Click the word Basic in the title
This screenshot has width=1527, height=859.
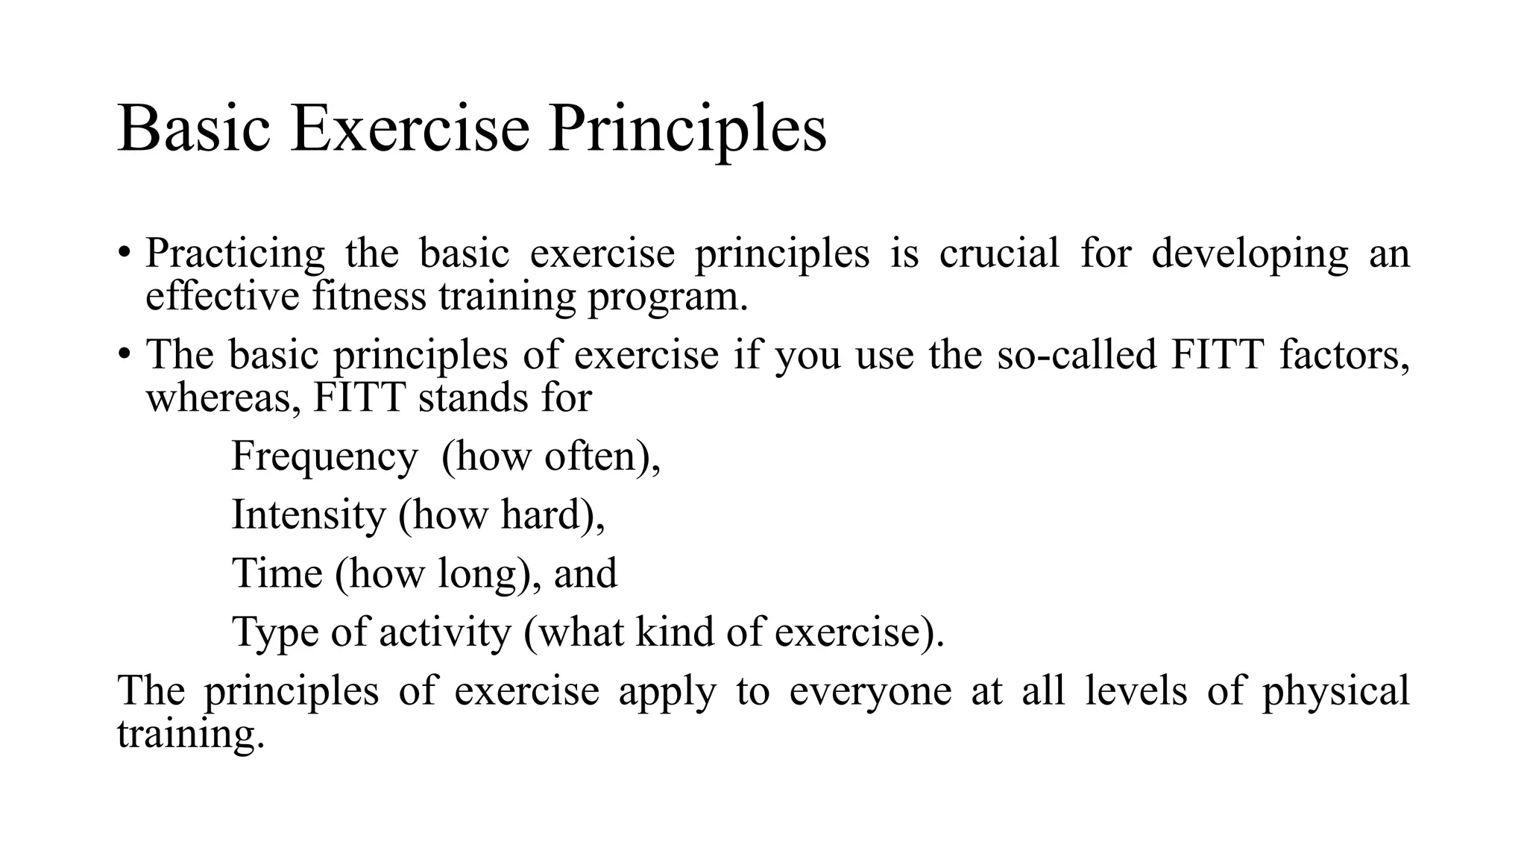click(193, 128)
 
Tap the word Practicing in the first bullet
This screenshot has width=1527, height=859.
click(235, 254)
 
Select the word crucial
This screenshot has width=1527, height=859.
click(998, 253)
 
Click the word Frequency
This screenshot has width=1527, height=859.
click(324, 457)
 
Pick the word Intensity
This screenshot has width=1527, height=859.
click(309, 515)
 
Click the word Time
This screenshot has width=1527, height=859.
click(277, 573)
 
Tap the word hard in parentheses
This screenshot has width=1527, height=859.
click(541, 515)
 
